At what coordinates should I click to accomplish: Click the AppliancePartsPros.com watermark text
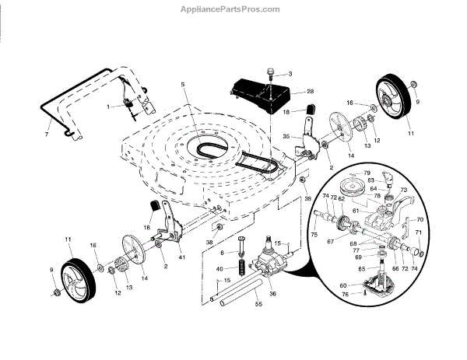coord(233,9)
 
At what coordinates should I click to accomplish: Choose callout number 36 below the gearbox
coord(272,293)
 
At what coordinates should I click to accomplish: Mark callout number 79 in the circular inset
coord(367,173)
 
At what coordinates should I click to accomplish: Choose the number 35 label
coord(286,136)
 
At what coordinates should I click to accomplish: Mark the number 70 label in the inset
coord(420,219)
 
